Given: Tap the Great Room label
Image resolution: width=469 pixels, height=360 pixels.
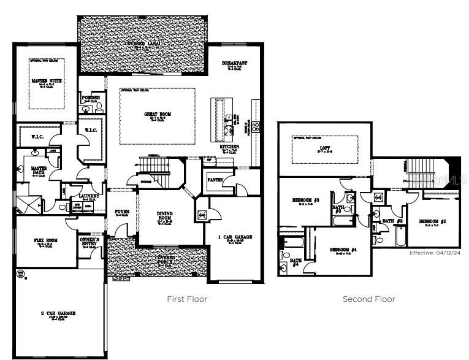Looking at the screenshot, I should click(157, 114).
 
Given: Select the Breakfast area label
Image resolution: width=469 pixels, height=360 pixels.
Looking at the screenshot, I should click(234, 63).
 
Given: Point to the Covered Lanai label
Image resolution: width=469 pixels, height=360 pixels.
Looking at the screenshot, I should click(143, 44).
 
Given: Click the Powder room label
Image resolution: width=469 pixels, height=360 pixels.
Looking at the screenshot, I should click(91, 98).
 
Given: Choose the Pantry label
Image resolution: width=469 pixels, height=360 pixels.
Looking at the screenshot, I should click(215, 180).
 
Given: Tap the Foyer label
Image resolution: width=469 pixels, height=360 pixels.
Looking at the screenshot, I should click(121, 212).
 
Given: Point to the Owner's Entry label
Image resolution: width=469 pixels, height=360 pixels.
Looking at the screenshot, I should click(90, 242).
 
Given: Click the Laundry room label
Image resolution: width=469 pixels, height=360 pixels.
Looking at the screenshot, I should click(89, 196).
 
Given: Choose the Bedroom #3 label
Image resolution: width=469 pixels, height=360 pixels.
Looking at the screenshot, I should click(307, 200).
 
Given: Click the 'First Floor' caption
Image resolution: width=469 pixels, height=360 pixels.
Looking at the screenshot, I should click(187, 299).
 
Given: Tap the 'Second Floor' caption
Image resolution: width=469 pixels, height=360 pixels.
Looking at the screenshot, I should click(368, 299).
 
